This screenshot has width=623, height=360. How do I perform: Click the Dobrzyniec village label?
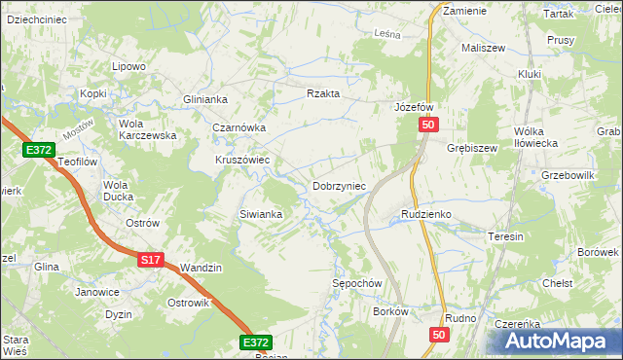338,185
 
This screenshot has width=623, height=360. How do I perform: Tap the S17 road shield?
149,260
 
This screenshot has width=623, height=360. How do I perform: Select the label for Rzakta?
322,93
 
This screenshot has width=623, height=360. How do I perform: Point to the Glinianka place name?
204,99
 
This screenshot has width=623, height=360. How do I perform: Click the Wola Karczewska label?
146,129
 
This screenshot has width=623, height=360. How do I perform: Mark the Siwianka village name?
260,214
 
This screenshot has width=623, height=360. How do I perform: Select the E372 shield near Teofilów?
39,150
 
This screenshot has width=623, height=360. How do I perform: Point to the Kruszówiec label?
242,160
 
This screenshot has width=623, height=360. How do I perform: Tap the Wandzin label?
202,268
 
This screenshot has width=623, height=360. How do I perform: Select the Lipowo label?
128,66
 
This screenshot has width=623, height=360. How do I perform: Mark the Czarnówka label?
239,127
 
